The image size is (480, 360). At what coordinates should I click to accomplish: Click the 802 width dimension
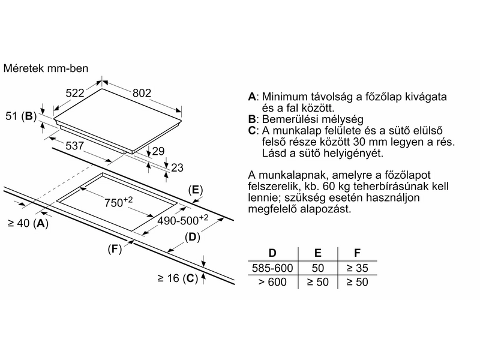point(142,93)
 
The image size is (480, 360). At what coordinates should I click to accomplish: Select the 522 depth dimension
point(75,93)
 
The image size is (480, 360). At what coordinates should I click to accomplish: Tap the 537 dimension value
point(74,146)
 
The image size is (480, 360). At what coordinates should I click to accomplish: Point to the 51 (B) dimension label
point(21,116)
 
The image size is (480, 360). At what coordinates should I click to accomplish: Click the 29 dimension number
point(158,151)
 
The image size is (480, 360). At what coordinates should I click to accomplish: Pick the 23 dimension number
point(177,167)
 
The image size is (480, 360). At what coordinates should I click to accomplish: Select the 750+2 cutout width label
point(118,202)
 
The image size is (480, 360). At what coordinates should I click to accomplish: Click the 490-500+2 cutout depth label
point(183,220)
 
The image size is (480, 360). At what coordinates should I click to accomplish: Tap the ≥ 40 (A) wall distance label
point(28,223)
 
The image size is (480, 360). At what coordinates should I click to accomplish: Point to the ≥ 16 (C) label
point(178,278)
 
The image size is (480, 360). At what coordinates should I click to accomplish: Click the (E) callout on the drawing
point(196,190)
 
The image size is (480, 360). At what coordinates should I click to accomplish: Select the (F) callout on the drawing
point(115,249)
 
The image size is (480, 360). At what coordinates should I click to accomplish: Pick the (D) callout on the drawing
point(192,237)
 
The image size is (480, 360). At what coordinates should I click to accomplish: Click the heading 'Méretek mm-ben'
point(46,68)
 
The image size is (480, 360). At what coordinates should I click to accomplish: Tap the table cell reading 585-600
point(272,268)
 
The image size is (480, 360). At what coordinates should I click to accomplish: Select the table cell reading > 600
point(272,282)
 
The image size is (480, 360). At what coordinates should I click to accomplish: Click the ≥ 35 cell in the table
point(357,268)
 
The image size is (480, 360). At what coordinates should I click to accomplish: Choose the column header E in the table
point(318,253)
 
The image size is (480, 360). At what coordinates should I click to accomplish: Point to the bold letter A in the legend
point(252,97)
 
